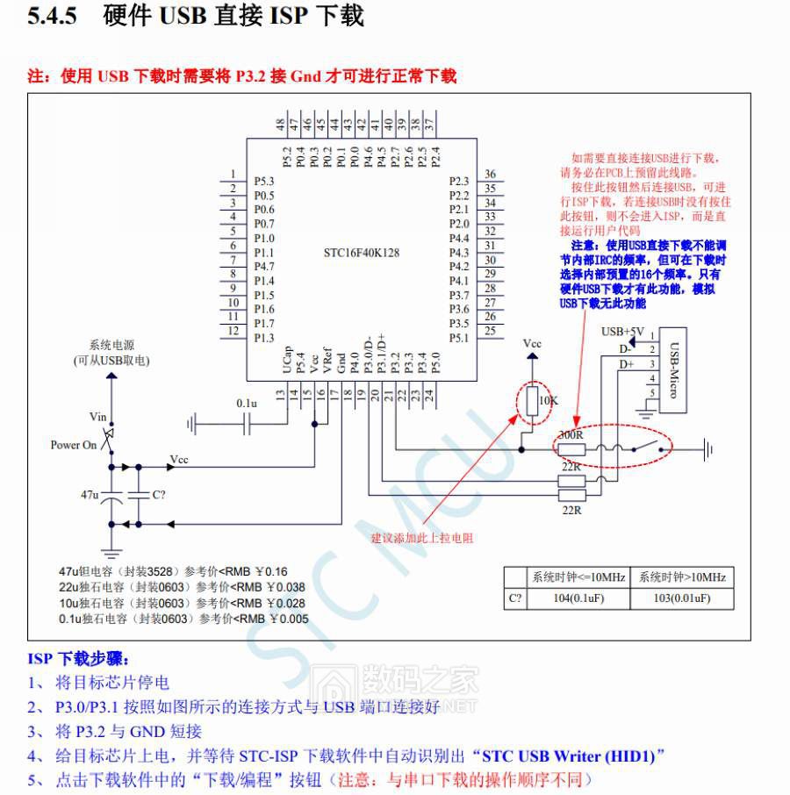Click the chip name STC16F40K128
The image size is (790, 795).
pyautogui.click(x=362, y=253)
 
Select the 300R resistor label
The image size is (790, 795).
pyautogui.click(x=571, y=435)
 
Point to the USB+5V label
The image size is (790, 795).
pyautogui.click(x=622, y=332)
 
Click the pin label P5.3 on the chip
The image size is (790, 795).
pyautogui.click(x=264, y=181)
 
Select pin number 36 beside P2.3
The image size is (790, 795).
pyautogui.click(x=490, y=175)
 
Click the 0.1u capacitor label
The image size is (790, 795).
pyautogui.click(x=246, y=403)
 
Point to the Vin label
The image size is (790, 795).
pyautogui.click(x=97, y=417)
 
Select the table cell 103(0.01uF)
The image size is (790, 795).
pyautogui.click(x=682, y=599)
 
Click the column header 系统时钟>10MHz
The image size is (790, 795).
pyautogui.click(x=682, y=577)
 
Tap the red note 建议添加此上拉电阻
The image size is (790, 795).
pyautogui.click(x=422, y=538)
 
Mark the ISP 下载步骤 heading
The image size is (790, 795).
pyautogui.click(x=78, y=658)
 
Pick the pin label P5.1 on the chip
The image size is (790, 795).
pyautogui.click(x=459, y=338)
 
